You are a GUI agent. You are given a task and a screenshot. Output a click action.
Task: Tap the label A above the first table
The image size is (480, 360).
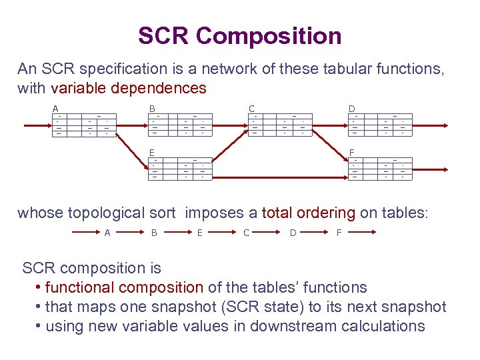click(56, 109)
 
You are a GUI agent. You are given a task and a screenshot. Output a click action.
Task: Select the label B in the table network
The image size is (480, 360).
click(152, 109)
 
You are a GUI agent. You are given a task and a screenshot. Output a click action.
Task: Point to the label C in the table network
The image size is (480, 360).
click(251, 109)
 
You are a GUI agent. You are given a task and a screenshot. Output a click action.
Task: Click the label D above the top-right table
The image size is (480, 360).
click(351, 109)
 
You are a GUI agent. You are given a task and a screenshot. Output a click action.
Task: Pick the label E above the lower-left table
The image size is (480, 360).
click(152, 152)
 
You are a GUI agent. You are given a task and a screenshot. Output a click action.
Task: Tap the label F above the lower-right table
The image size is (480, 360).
click(351, 152)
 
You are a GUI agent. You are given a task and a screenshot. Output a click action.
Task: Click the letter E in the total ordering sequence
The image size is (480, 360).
click(200, 233)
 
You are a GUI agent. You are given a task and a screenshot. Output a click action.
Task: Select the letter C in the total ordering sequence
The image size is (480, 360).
click(246, 233)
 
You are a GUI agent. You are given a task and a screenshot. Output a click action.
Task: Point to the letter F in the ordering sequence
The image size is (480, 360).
click(339, 233)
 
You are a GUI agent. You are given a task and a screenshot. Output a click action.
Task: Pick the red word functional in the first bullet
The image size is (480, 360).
click(82, 287)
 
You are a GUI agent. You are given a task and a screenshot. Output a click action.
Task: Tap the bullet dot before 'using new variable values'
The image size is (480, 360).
click(39, 326)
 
